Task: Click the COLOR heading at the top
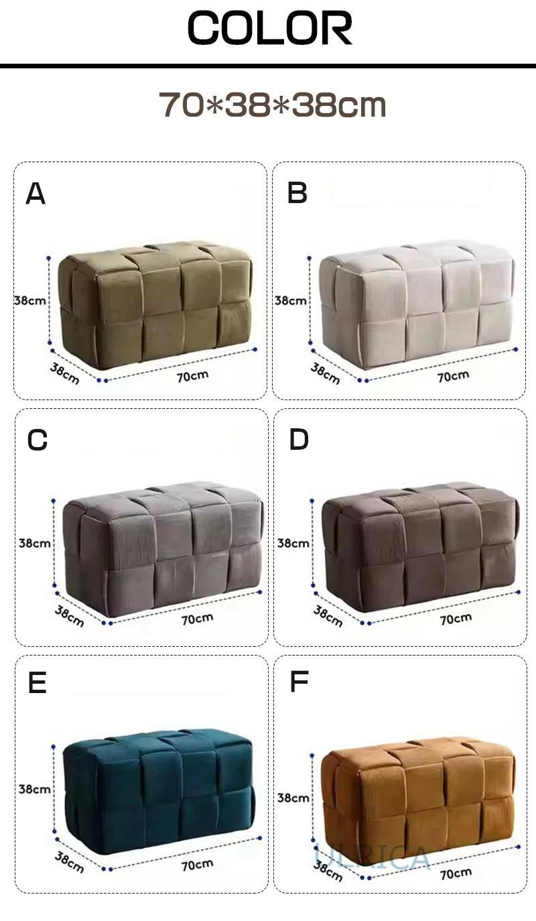coord(269,27)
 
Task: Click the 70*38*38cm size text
coord(272,105)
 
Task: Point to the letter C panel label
coord(38,440)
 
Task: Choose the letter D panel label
coord(299,440)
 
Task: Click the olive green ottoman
coord(155,305)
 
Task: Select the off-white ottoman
coord(417,305)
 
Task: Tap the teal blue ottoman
coord(159,792)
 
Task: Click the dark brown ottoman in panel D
coord(420,547)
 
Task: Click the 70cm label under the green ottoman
coord(192,376)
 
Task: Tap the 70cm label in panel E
coord(197,865)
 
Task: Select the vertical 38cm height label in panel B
coord(291,300)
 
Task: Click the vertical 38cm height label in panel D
coord(293,543)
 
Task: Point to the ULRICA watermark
coord(372,857)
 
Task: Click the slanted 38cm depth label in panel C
coord(70,616)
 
